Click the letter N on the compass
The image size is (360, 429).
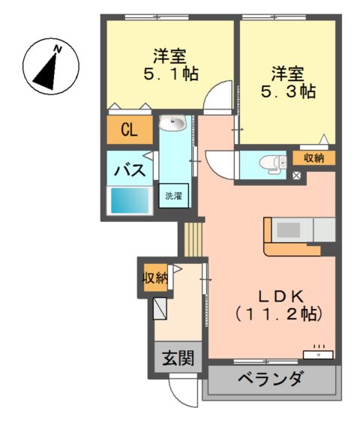coord(58,49)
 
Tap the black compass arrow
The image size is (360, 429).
coord(47,73)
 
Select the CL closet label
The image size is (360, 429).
coord(129,130)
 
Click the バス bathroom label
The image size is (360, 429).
coord(130,170)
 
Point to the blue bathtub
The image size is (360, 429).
coord(130,201)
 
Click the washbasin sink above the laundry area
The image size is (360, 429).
coord(172,122)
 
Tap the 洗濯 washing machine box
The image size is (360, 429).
coord(174,196)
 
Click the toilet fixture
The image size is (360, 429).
coord(273,164)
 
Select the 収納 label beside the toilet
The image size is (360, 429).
coord(314,157)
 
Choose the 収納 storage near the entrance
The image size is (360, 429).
coord(155,278)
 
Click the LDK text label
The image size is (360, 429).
coord(281,297)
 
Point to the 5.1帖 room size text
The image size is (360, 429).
coord(171,73)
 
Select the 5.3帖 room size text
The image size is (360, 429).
coord(288,91)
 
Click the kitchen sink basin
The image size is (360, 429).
coord(288,230)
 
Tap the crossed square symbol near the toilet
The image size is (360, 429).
coord(296,175)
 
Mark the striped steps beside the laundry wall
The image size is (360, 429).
coord(193,240)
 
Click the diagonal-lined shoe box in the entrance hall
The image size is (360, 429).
coord(160,308)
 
